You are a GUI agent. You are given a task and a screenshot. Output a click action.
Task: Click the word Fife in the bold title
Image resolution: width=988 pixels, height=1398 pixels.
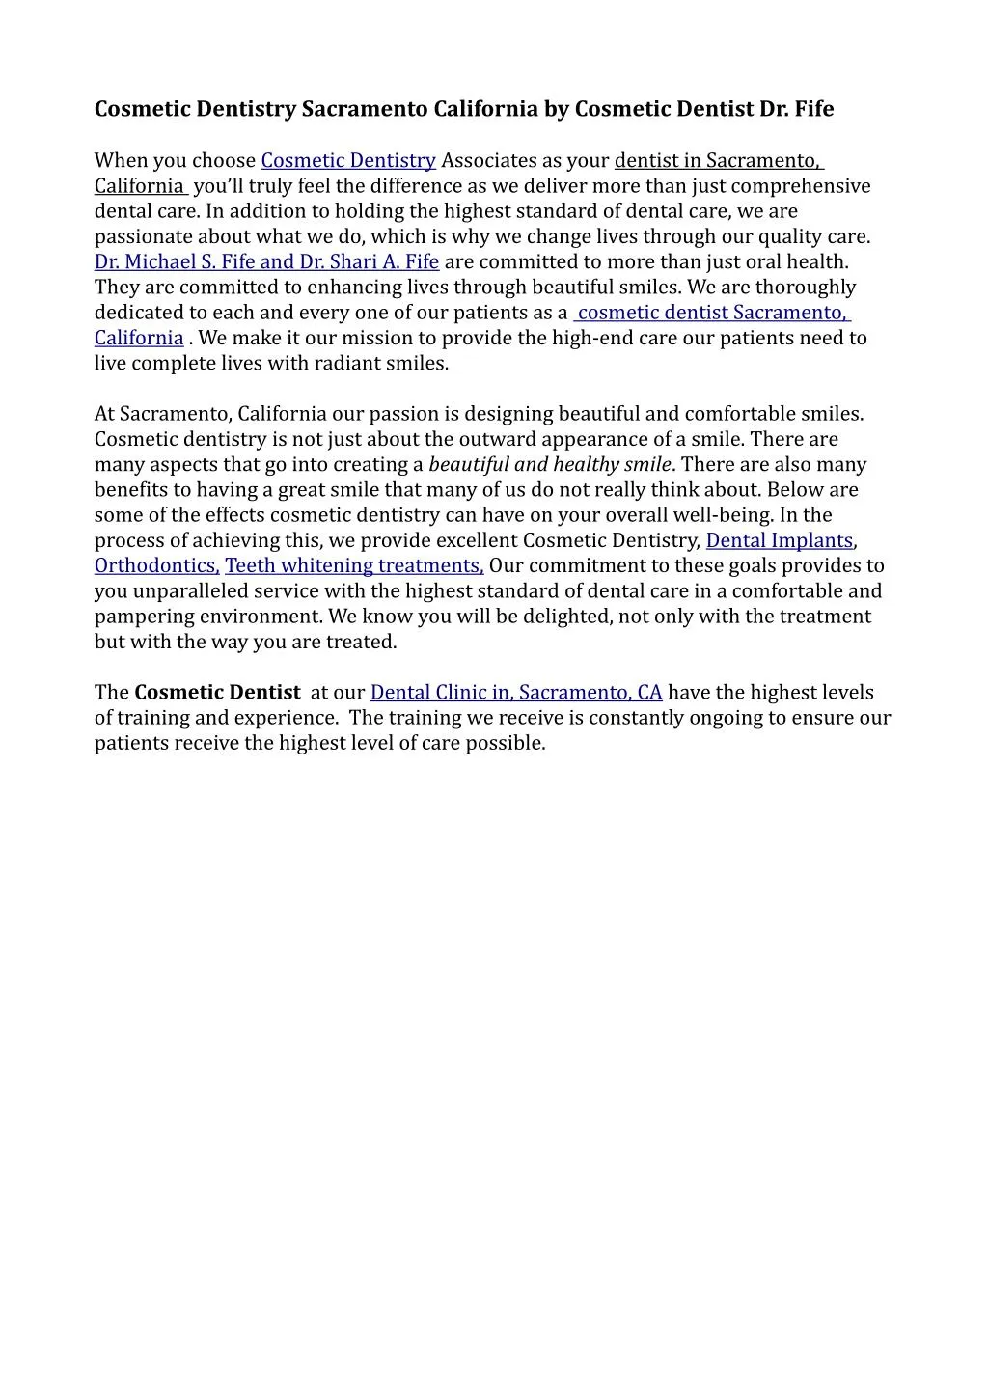click(814, 109)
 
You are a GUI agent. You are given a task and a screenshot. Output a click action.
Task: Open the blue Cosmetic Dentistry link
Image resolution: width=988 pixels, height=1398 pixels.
click(348, 160)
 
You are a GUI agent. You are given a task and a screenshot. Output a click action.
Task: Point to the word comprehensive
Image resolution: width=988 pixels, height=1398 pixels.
click(802, 185)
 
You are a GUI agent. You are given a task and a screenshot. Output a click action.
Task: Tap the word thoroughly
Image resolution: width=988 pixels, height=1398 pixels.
click(806, 287)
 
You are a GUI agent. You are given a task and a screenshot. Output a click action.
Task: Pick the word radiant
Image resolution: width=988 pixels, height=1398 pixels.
click(346, 363)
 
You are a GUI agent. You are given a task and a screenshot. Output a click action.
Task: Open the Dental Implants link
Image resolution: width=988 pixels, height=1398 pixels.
click(780, 540)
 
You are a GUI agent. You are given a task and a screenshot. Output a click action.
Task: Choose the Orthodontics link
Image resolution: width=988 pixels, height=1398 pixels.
click(155, 565)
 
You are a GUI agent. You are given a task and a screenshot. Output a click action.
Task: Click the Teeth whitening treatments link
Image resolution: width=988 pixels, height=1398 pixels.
click(353, 565)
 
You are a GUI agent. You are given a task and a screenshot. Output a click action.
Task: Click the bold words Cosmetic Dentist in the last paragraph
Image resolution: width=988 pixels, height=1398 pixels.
click(217, 692)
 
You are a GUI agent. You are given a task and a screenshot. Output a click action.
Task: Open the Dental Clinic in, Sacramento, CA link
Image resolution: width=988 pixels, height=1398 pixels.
click(516, 692)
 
